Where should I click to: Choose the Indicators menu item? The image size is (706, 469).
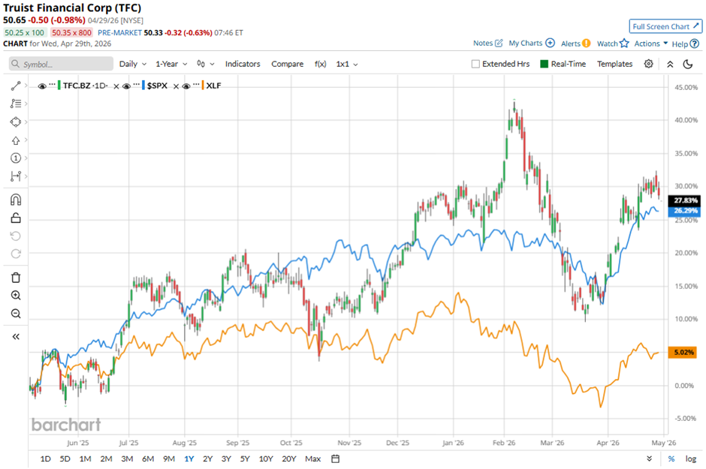click(243, 64)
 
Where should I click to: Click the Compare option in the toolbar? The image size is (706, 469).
click(287, 64)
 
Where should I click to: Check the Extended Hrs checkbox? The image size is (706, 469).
click(475, 64)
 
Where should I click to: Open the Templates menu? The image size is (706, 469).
click(614, 64)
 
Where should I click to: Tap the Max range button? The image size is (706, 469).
click(313, 458)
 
